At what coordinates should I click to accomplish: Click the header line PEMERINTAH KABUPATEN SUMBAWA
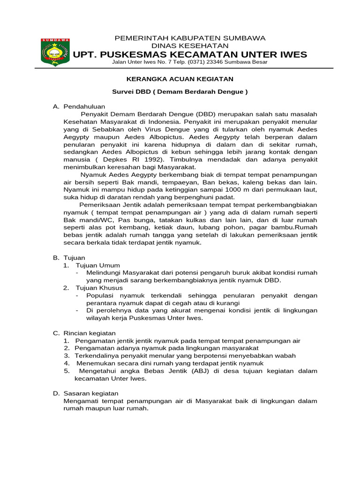(190, 37)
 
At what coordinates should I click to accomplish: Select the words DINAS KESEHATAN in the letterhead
(190, 45)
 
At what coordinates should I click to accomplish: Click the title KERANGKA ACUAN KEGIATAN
(181, 79)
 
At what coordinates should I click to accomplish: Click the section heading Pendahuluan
(84, 106)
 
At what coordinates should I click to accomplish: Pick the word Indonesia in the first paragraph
(166, 121)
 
